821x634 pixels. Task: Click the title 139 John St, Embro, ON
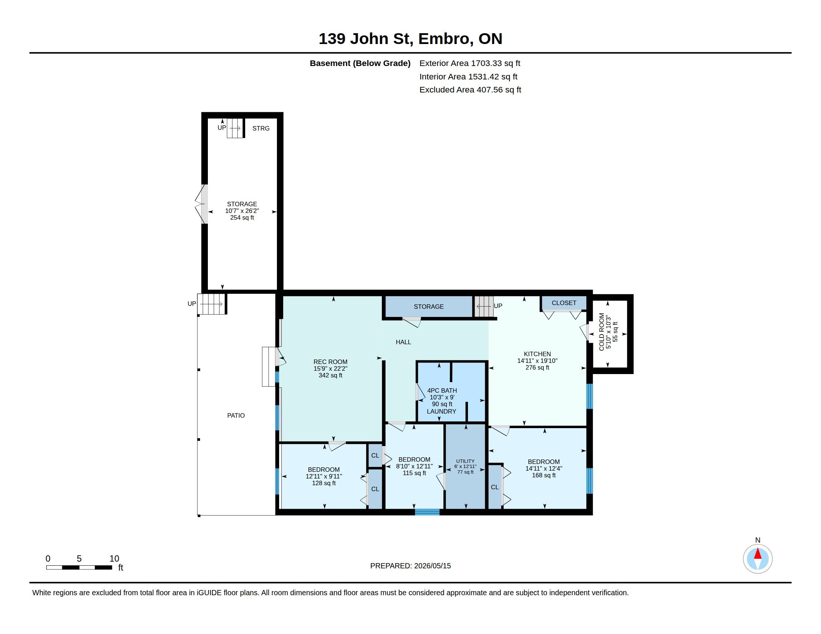[410, 39]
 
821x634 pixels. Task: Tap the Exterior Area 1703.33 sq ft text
[469, 63]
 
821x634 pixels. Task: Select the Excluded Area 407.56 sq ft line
[470, 90]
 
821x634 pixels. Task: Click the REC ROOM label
[330, 362]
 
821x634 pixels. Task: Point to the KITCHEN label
[537, 354]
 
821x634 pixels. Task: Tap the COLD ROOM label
[602, 332]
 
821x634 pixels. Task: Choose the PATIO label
[236, 415]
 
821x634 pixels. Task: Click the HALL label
[403, 342]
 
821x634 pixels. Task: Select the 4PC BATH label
[442, 390]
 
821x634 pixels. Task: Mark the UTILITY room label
[465, 461]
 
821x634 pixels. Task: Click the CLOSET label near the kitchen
[564, 303]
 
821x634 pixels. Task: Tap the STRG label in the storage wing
[261, 128]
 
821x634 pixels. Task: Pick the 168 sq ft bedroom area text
[544, 475]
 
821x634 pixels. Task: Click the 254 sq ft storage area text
[242, 218]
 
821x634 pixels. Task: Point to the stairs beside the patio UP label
[211, 304]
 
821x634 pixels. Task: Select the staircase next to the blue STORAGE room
[484, 307]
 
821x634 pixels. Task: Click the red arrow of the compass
[758, 553]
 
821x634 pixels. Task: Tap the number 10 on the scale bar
[114, 559]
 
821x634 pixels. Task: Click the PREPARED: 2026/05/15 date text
[410, 566]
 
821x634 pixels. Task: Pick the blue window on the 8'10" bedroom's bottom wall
[427, 512]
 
